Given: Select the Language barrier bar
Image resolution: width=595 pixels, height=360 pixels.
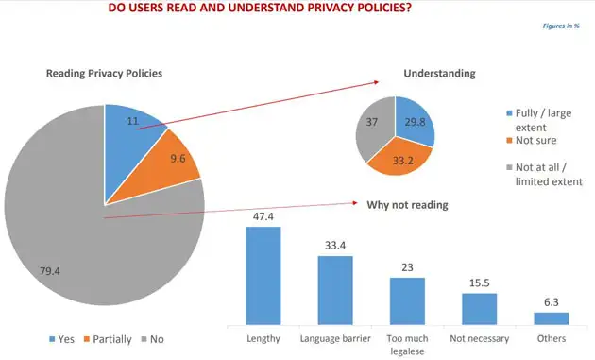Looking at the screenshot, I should pos(335,290).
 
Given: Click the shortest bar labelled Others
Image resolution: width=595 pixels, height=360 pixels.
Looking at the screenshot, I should pos(551,318).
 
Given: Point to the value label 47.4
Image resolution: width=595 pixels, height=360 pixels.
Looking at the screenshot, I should pos(263,216).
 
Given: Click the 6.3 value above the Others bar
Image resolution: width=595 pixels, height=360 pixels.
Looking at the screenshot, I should pos(551,301).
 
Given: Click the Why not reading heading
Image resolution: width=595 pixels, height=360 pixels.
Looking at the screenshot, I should pos(407,204).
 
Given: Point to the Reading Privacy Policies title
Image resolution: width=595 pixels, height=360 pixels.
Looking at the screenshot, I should pos(105,74).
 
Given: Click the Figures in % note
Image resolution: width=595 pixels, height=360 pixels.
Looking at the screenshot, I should pos(561,26).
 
